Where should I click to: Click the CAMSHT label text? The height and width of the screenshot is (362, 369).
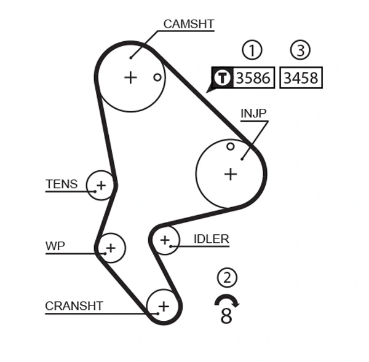[x=188, y=25]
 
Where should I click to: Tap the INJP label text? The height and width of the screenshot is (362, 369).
[x=253, y=113]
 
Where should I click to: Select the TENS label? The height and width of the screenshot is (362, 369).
[x=61, y=184]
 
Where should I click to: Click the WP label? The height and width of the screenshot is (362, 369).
[x=55, y=246]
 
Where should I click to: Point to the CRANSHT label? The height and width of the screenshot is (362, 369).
[x=74, y=305]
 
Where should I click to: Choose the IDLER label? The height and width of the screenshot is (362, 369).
[x=211, y=239]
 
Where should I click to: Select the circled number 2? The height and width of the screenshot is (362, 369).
[x=227, y=278]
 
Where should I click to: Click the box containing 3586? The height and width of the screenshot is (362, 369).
[x=253, y=78]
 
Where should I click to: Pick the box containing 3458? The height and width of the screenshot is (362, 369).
[x=300, y=78]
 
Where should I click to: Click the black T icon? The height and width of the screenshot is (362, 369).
[x=222, y=78]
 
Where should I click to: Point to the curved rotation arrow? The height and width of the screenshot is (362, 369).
[x=226, y=300]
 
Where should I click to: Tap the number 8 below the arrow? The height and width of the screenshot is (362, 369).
[x=226, y=317]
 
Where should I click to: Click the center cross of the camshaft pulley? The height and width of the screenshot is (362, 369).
[x=130, y=77]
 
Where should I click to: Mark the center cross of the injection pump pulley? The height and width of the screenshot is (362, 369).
[x=230, y=174]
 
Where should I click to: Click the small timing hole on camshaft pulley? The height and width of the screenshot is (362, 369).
[x=157, y=77]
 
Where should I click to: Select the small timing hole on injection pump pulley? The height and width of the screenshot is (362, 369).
[x=230, y=146]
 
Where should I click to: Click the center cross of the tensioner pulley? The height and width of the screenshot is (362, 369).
[x=101, y=185]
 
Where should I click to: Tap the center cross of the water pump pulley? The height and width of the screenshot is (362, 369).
[x=110, y=248]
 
